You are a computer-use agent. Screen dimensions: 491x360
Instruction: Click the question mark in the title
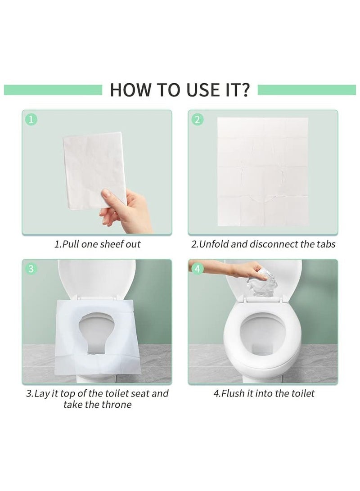point(245,90)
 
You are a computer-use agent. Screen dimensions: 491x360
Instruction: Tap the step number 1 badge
point(31,120)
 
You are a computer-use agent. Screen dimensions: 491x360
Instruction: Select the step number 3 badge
point(31,269)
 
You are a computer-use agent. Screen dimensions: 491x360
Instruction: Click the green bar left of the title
point(54,90)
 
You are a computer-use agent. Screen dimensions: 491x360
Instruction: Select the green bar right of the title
point(306,90)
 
